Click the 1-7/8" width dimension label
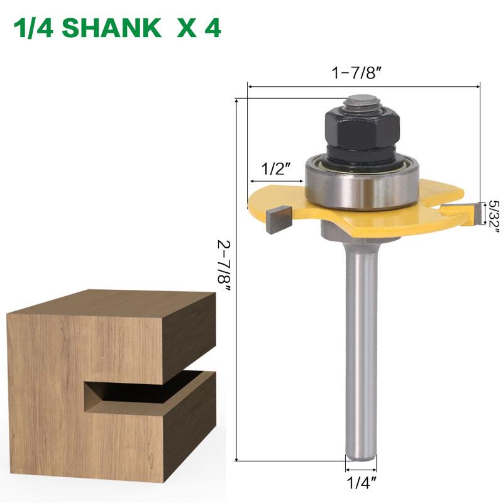pos(358,72)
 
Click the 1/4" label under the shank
pos(361,484)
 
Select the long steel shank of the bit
pos(362,352)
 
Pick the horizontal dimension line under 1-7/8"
pos(364,87)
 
